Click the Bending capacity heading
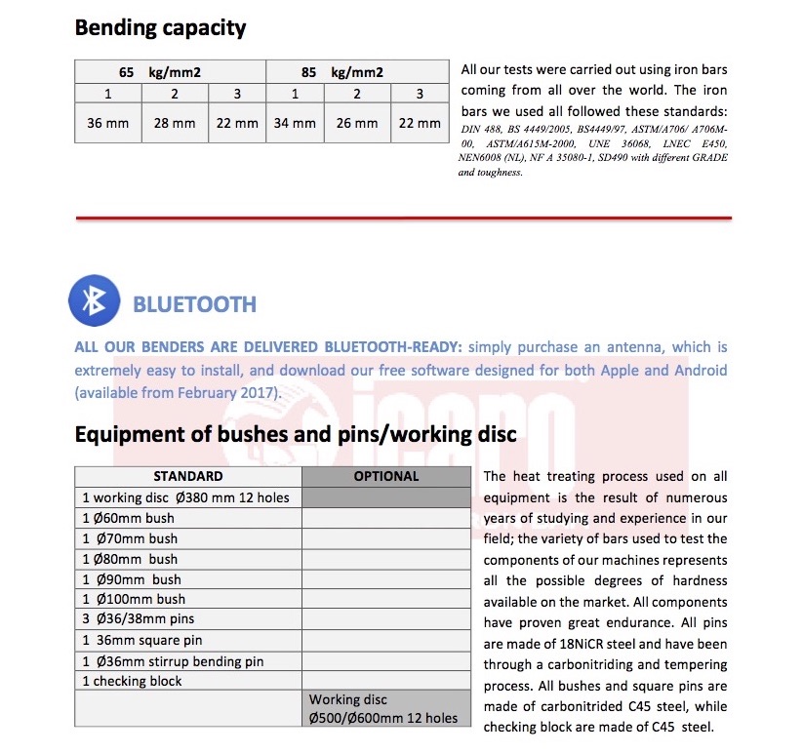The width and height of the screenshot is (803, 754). [x=160, y=27]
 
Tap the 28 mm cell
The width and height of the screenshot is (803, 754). [x=175, y=123]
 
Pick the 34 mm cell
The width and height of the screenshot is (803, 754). [x=295, y=123]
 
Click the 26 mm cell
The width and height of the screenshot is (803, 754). [x=357, y=123]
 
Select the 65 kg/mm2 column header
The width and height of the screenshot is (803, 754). [x=170, y=72]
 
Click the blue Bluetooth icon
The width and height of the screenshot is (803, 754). [x=94, y=301]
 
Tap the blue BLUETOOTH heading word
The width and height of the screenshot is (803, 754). [x=194, y=303]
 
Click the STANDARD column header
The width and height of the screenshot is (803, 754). [x=188, y=477]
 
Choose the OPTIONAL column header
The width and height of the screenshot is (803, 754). [x=386, y=477]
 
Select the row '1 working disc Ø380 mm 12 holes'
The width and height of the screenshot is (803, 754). [x=186, y=497]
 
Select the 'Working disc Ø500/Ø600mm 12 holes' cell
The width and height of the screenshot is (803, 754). [x=382, y=709]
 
